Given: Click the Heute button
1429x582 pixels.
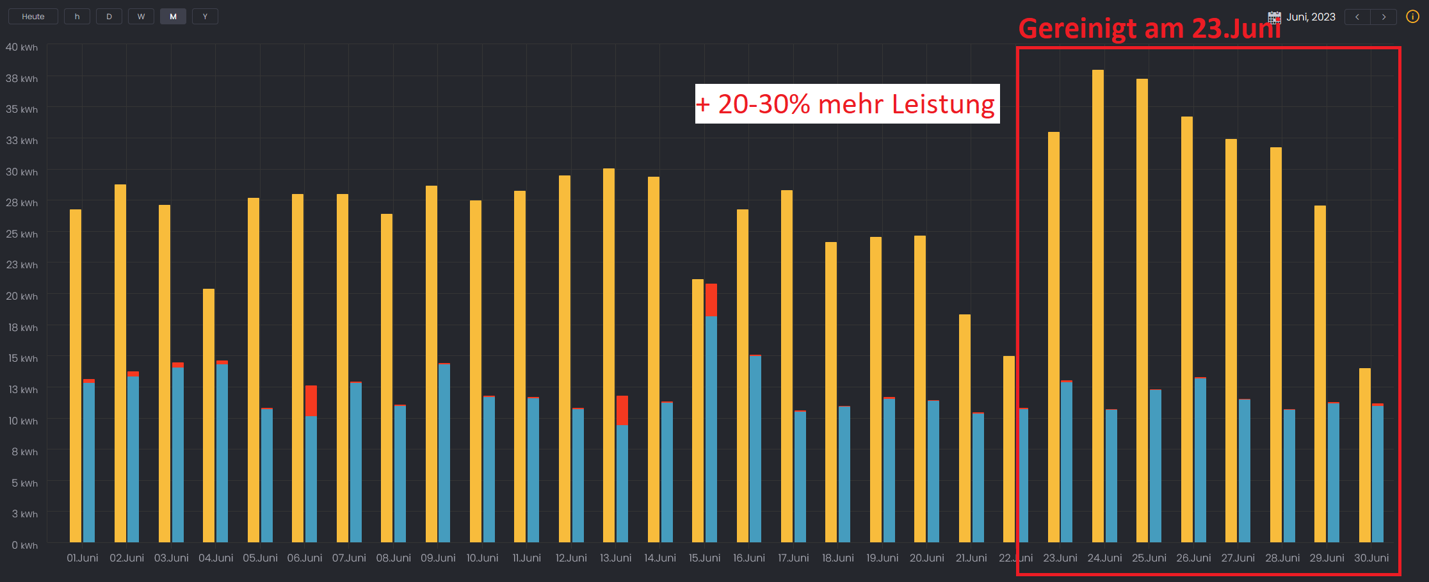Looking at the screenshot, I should click(x=33, y=17).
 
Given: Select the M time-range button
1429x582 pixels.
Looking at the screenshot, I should click(x=173, y=17).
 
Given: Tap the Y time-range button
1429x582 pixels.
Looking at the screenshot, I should click(x=205, y=17).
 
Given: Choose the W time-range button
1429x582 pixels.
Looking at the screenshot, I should click(x=141, y=17).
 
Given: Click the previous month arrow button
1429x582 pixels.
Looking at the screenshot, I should click(x=1357, y=17).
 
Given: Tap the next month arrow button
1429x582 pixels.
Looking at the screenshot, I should click(x=1384, y=17).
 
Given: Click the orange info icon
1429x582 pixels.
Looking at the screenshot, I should click(x=1412, y=17).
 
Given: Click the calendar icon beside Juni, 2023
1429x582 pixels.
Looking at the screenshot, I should click(x=1274, y=17).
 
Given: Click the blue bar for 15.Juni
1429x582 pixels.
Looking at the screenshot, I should click(x=711, y=429).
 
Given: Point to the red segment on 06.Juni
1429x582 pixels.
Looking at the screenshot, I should click(x=311, y=401).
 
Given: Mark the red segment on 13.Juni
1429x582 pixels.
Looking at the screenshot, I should click(x=622, y=410).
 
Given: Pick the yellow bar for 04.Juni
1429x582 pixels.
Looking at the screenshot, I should click(x=209, y=416).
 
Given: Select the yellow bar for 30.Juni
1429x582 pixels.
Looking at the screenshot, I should click(x=1364, y=455).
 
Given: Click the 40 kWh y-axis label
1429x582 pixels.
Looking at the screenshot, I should click(x=22, y=47).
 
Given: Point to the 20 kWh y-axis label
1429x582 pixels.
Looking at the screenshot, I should click(x=22, y=296).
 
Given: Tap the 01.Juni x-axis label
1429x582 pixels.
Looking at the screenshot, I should click(x=83, y=558).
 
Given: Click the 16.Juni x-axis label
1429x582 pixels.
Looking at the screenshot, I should click(x=749, y=558).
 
